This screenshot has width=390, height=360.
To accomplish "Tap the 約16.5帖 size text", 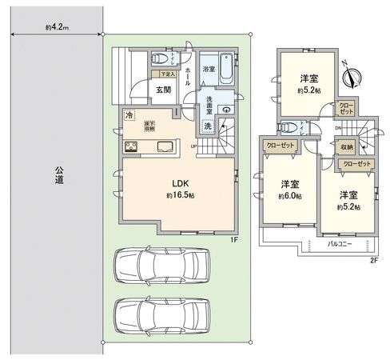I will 181,196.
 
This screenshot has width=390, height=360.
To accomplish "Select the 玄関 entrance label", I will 163,90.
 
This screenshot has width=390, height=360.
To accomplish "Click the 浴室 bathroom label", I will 207,69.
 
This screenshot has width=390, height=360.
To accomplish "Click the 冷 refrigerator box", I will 129,115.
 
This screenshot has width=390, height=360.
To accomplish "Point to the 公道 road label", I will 59,175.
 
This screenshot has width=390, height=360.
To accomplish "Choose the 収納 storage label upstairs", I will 347,147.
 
